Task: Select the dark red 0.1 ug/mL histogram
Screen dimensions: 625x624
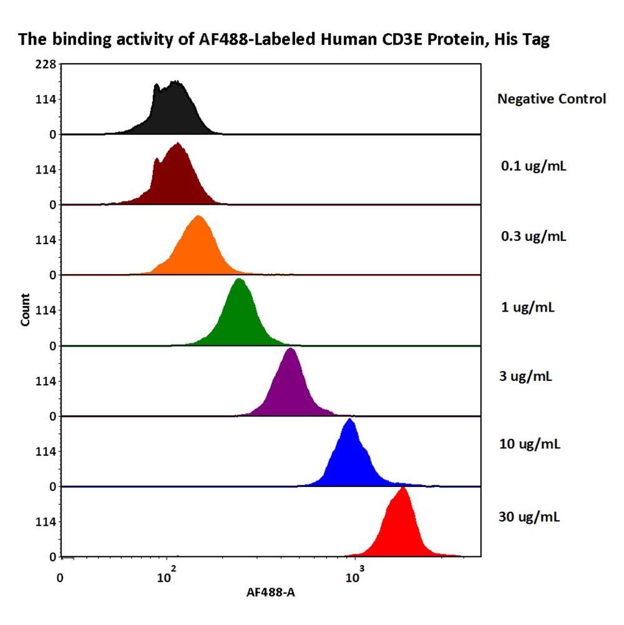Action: (178, 178)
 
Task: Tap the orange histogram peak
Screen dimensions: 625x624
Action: (198, 247)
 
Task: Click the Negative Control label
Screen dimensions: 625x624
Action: (551, 99)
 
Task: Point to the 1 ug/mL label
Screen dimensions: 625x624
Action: (527, 307)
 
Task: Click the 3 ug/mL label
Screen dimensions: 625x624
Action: (527, 376)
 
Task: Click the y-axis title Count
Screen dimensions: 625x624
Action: (26, 310)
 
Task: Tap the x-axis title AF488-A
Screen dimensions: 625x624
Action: (271, 593)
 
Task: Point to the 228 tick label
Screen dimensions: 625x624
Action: (47, 64)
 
